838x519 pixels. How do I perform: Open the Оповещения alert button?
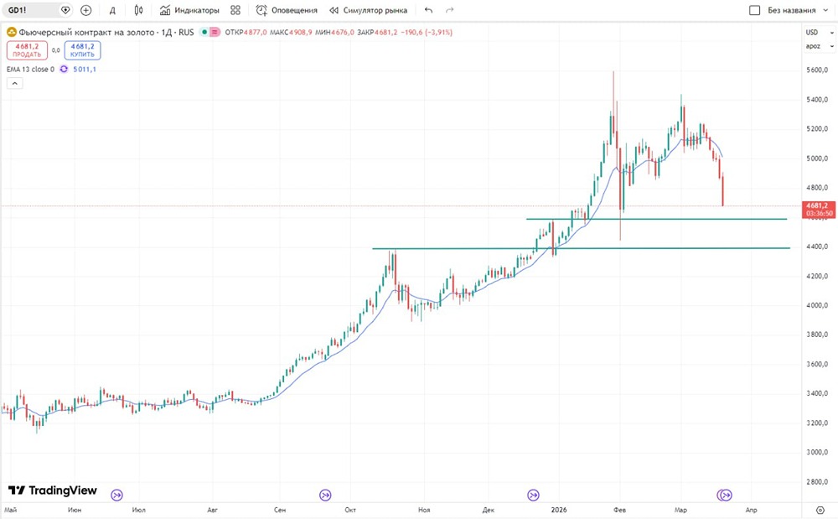click(287, 10)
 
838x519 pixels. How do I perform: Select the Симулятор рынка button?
click(369, 10)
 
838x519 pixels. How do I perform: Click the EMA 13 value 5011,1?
click(84, 70)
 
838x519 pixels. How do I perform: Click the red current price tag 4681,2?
click(816, 205)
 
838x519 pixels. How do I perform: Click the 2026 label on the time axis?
click(560, 509)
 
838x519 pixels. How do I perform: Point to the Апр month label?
click(752, 509)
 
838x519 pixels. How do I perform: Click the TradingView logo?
click(53, 490)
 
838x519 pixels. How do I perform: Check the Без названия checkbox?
click(755, 11)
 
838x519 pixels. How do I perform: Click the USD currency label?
click(811, 32)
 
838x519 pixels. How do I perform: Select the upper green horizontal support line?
click(654, 219)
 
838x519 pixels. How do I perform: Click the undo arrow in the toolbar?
click(429, 10)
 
